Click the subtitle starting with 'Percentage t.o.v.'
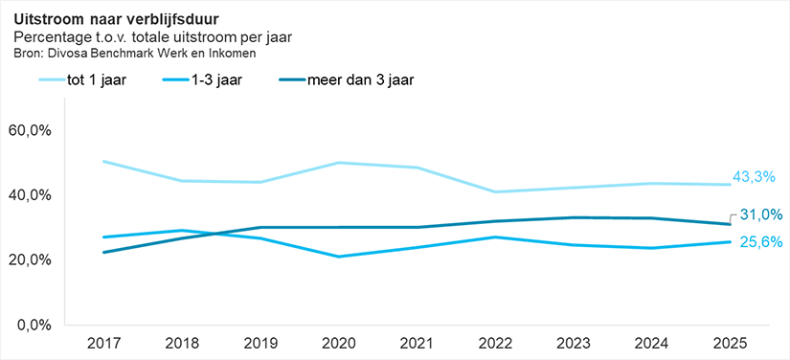152,37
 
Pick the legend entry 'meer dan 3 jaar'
357,79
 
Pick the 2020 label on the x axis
338,344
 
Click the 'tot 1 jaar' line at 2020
338,163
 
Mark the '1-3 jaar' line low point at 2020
338,257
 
